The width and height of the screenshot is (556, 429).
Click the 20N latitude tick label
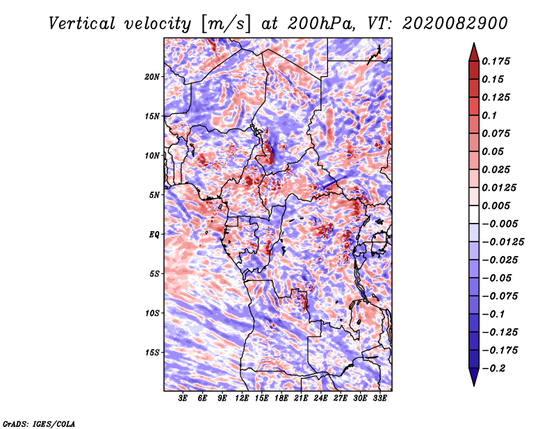pyautogui.click(x=152, y=77)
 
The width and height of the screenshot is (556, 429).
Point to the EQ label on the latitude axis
pyautogui.click(x=154, y=235)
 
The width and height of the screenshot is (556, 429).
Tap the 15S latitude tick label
pyautogui.click(x=152, y=353)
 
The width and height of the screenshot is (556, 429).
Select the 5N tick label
pyautogui.click(x=154, y=195)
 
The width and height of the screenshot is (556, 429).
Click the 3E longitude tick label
pyautogui.click(x=183, y=398)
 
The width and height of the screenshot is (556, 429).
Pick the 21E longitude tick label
pyautogui.click(x=301, y=398)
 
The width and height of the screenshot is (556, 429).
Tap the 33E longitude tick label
pyautogui.click(x=379, y=398)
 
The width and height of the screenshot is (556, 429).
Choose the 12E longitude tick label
pyautogui.click(x=242, y=398)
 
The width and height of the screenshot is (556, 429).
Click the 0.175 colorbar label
pyautogui.click(x=496, y=61)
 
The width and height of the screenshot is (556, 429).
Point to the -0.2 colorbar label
pyautogui.click(x=493, y=369)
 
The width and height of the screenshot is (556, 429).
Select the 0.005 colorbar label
pyautogui.click(x=496, y=205)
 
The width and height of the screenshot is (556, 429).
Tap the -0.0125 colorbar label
pyautogui.click(x=502, y=242)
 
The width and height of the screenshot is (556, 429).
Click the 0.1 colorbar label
pyautogui.click(x=489, y=115)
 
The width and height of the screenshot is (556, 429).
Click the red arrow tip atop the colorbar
pyautogui.click(x=474, y=43)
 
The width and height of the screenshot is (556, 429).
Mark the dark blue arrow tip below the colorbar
pyautogui.click(x=474, y=385)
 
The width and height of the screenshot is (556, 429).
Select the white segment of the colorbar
pyautogui.click(x=474, y=214)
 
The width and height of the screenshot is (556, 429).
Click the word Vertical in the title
pyautogui.click(x=82, y=24)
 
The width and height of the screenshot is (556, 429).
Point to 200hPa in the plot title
pyautogui.click(x=321, y=24)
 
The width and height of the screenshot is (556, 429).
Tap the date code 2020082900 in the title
pyautogui.click(x=455, y=24)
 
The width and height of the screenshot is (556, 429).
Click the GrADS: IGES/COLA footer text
pyautogui.click(x=39, y=424)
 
